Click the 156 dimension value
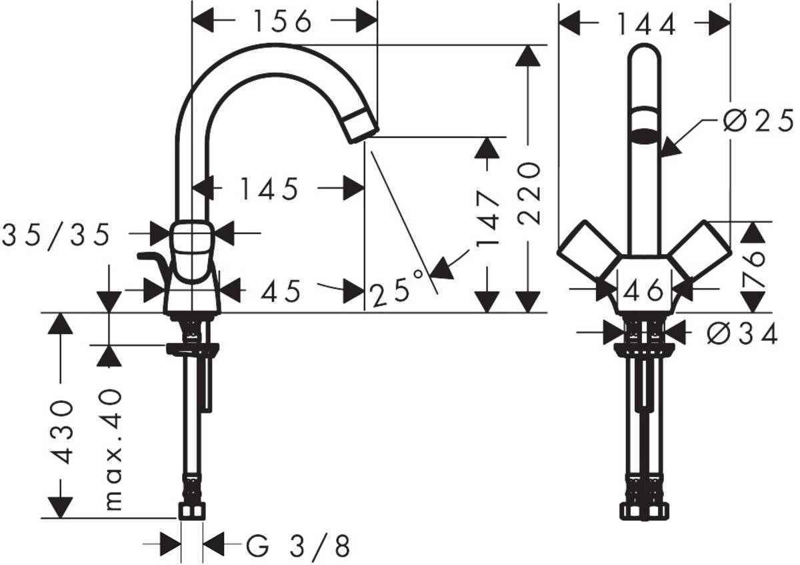click(x=282, y=21)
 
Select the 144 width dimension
click(x=645, y=25)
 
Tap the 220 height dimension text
click(x=529, y=192)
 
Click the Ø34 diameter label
click(x=742, y=334)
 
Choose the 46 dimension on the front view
click(x=645, y=290)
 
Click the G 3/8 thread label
click(x=297, y=547)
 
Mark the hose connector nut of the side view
click(x=193, y=511)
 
